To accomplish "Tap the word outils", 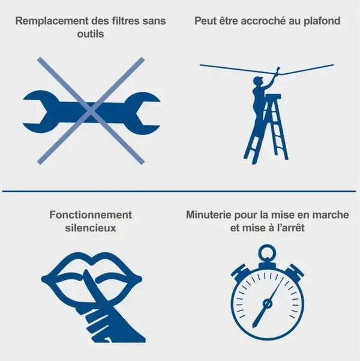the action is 91,34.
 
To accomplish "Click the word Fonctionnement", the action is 91,215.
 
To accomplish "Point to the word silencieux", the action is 91,228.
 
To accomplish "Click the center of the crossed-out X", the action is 91,111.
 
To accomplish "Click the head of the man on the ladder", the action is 258,81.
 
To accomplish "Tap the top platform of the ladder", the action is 273,97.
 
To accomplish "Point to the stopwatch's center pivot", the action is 267,304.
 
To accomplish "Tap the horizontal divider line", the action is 179,191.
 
